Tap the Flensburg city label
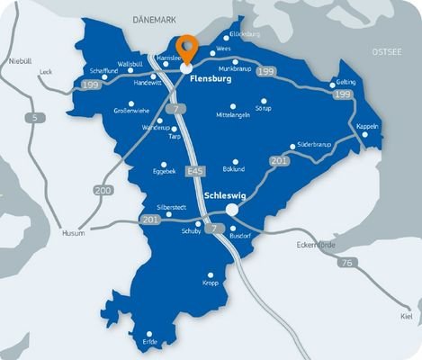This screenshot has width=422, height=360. [x=211, y=79]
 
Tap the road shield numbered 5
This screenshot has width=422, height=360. [x=34, y=116]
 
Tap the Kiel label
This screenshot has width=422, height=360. [x=407, y=318]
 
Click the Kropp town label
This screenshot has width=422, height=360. [x=211, y=283]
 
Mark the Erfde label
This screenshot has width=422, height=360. [x=149, y=342]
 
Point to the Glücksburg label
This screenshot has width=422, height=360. [x=245, y=34]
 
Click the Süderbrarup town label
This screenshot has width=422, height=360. [x=314, y=142]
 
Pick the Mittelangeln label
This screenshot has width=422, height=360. [x=233, y=116]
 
